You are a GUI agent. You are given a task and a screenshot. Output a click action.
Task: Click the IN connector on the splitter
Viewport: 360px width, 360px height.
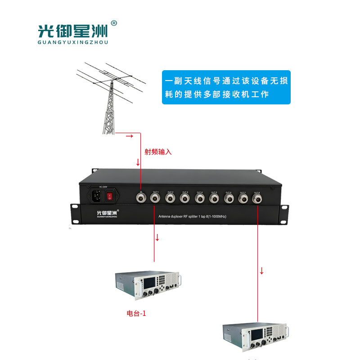pos(140,197)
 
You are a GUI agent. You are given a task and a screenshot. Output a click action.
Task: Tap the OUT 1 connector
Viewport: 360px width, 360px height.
pos(155,197)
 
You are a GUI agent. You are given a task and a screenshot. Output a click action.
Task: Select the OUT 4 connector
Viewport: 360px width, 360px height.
pos(199,197)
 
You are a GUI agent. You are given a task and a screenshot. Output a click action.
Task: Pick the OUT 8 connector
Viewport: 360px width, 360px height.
pos(257,197)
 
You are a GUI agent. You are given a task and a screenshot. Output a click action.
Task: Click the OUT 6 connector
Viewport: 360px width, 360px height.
pos(228,197)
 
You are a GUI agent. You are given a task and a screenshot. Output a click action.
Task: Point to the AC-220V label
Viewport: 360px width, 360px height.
pos(103,186)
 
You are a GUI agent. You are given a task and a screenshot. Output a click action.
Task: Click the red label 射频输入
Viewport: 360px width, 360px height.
pos(158,152)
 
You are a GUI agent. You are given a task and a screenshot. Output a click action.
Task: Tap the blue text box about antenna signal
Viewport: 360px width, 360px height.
pos(226,88)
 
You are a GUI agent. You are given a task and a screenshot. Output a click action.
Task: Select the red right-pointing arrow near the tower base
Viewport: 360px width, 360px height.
pos(129,135)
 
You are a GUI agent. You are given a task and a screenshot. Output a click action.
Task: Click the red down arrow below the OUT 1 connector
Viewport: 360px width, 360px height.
pos(157,237)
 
